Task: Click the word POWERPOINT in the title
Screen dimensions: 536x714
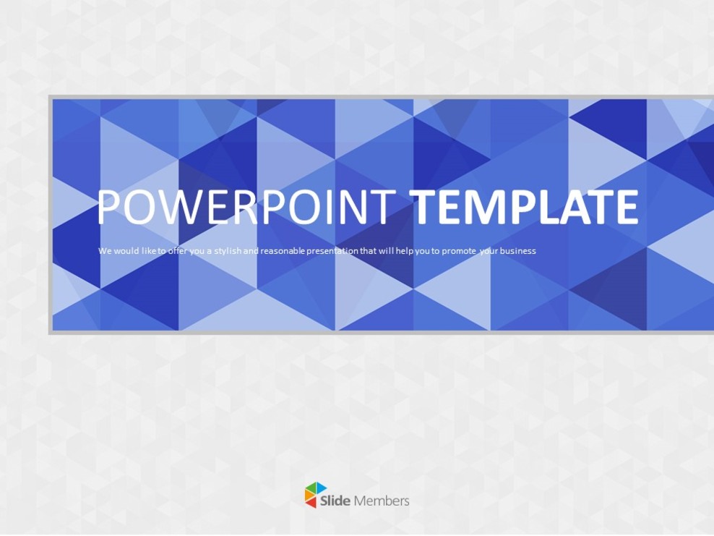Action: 246,207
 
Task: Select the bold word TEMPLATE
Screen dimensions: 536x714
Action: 525,207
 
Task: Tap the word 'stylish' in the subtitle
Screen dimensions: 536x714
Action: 231,251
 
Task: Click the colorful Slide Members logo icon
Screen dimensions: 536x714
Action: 315,495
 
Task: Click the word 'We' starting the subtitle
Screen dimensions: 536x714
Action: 104,251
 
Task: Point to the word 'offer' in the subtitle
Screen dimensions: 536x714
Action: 177,251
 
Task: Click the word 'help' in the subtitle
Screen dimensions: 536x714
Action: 404,251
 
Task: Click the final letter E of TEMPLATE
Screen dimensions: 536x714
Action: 626,207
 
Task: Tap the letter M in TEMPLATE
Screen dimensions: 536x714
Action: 489,207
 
